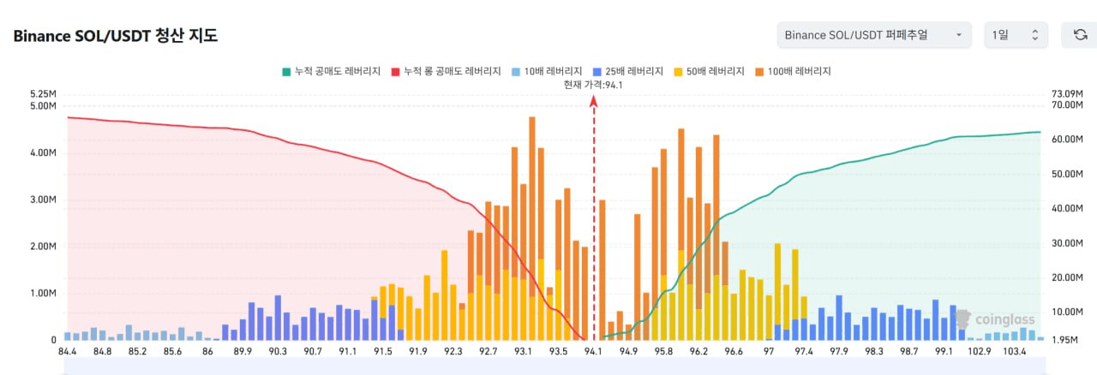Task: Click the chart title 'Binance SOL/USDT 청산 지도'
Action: click(x=115, y=35)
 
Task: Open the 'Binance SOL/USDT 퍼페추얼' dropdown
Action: click(x=874, y=35)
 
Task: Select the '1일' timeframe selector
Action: click(x=1016, y=35)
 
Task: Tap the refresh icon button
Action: click(x=1080, y=35)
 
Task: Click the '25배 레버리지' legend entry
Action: click(x=627, y=71)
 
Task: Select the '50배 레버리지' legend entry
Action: click(x=710, y=71)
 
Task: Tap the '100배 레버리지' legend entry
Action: click(x=794, y=71)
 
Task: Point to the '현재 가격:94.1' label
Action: click(x=593, y=84)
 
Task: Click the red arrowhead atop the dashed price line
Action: click(x=594, y=101)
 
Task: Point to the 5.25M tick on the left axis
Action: click(x=42, y=94)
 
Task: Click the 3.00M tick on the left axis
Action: click(x=42, y=200)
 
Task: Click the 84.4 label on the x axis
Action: click(x=67, y=352)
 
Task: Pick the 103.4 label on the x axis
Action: click(x=1015, y=352)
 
